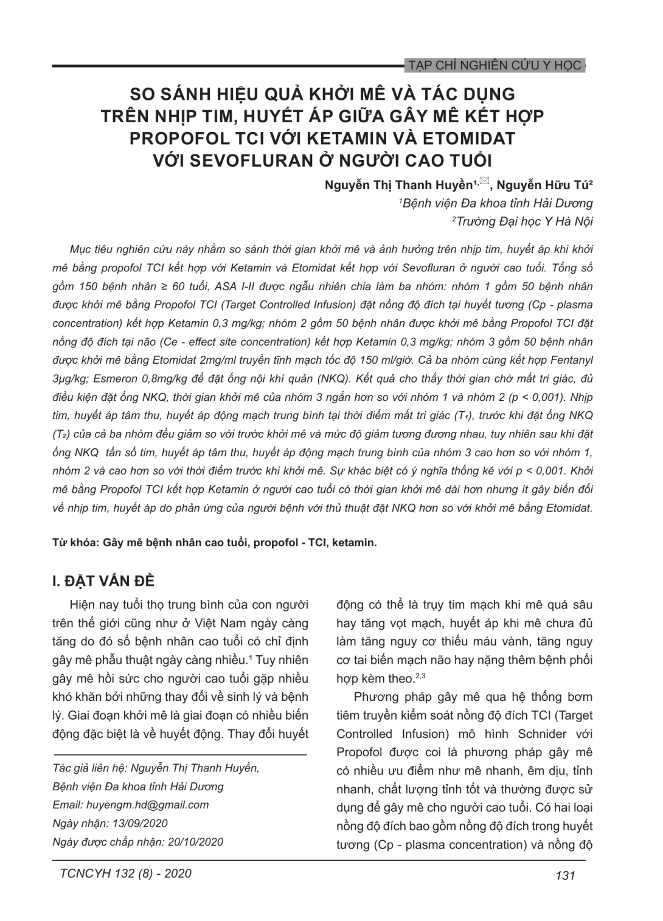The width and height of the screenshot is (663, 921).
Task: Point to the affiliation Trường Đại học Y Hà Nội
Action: (x=524, y=221)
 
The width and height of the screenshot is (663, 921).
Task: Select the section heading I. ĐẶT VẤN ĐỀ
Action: (x=104, y=581)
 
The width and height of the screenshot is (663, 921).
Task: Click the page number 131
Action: (x=565, y=875)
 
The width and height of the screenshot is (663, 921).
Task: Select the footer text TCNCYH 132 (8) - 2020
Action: (x=125, y=874)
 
